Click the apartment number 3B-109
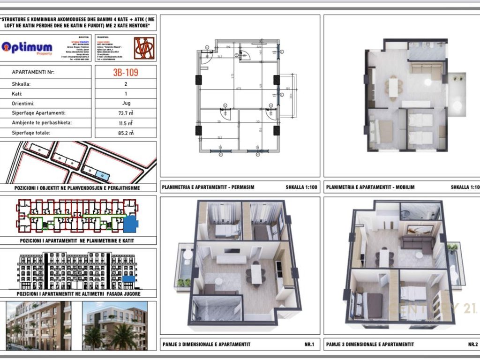coord(125,73)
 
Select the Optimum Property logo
coord(27,48)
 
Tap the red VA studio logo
coord(144,48)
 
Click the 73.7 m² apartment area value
coord(125,113)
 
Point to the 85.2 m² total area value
coord(125,133)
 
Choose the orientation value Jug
coord(125,103)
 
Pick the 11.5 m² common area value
coord(125,123)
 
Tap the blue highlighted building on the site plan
coord(102,175)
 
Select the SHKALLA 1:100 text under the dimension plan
coord(301,187)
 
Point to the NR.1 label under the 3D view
coord(310,345)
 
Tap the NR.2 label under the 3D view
coord(472,345)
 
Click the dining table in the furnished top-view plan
coord(393,87)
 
